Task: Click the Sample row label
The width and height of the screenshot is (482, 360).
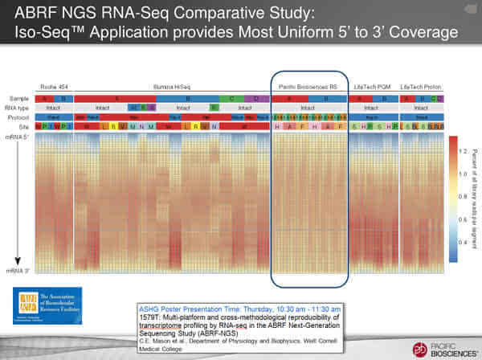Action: [16, 97]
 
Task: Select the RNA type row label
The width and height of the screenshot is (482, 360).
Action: [18, 107]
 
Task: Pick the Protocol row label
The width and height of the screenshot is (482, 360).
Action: [18, 117]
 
